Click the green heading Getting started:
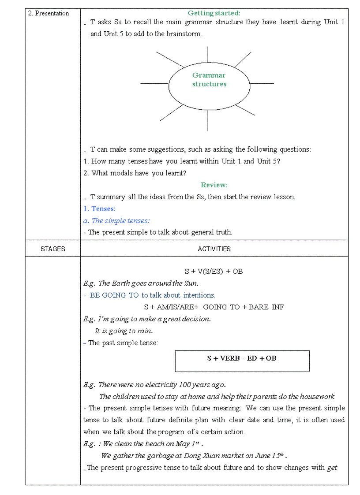tap(214, 13)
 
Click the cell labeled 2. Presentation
tap(49, 13)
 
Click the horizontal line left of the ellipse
tap(154, 83)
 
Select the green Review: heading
tap(214, 185)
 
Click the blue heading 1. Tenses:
tap(100, 209)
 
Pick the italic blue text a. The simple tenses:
tap(116, 221)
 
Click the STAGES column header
tap(52, 249)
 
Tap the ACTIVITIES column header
tap(214, 249)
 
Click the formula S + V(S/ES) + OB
tap(214, 272)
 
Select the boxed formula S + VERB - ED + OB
tap(242, 358)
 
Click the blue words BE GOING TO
tap(114, 295)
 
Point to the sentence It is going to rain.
tap(124, 331)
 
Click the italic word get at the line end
tap(332, 468)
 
